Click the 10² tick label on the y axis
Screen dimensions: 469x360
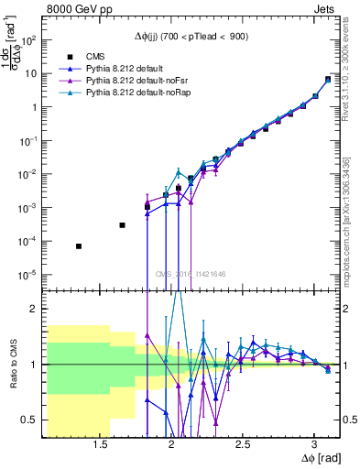click(29, 39)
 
